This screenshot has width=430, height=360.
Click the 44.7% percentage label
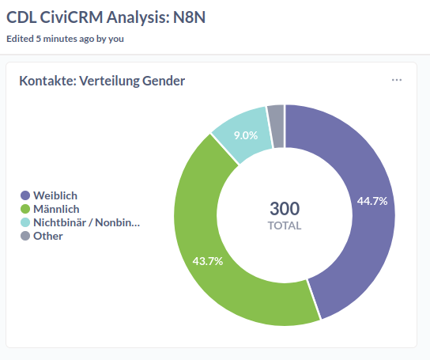(372, 201)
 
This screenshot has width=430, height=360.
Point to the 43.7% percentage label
(208, 261)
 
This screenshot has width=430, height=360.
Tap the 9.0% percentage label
(246, 135)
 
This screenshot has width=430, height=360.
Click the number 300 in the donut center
(285, 209)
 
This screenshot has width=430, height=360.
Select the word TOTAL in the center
(285, 226)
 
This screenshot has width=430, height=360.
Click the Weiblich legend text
(55, 195)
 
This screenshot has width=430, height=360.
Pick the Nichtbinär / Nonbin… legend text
(86, 222)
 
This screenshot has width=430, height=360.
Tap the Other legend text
(48, 236)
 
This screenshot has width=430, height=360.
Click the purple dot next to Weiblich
(25, 195)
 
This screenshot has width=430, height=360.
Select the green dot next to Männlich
(25, 209)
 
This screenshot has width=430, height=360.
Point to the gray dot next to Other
(25, 236)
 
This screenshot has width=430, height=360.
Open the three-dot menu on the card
(397, 80)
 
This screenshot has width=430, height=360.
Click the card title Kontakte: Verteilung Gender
(102, 81)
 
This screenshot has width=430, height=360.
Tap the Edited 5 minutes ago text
(65, 38)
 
